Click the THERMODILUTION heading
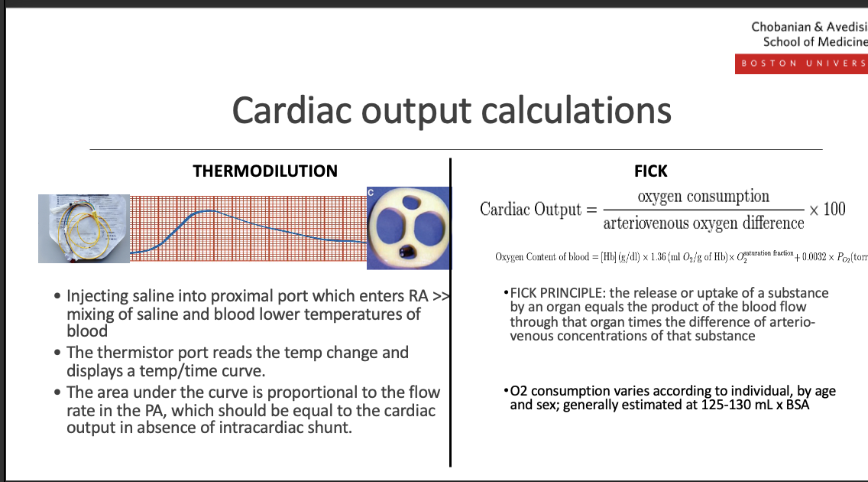[265, 171]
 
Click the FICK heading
[651, 171]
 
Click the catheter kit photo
[84, 229]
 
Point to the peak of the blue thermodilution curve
[205, 210]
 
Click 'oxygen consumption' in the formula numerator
[704, 196]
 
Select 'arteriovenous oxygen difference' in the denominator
[703, 223]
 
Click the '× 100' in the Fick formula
[828, 209]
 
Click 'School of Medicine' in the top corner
[815, 41]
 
